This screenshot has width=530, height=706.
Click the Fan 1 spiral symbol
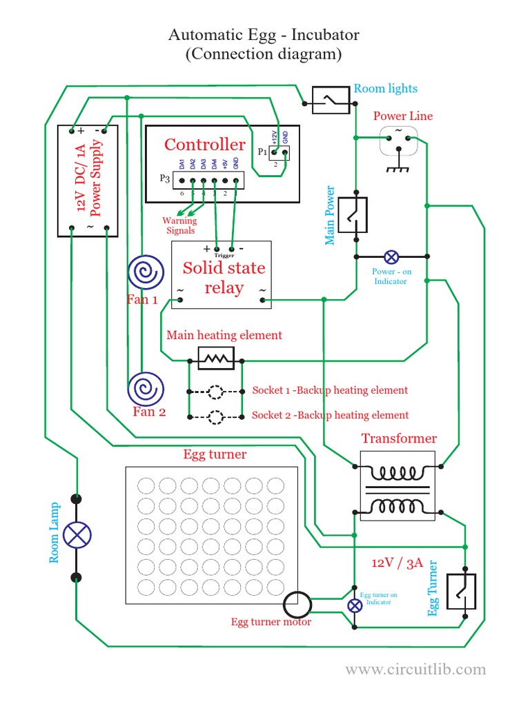[145, 273]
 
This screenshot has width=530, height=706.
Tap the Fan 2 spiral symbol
[146, 389]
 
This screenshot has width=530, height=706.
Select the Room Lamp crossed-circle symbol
[77, 535]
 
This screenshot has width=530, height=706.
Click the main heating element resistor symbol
[216, 358]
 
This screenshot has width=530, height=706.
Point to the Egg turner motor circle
[298, 605]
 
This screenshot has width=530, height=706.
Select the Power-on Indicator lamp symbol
[391, 257]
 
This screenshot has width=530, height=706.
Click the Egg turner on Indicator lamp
[354, 605]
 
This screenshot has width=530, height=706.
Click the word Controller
[204, 145]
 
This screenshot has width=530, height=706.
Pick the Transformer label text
[399, 438]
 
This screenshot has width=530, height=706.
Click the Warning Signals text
[179, 225]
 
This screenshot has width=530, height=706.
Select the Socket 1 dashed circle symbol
[216, 392]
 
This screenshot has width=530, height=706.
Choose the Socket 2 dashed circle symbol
[216, 416]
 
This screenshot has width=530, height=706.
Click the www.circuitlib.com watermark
[415, 669]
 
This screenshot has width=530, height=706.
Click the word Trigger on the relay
[224, 256]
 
